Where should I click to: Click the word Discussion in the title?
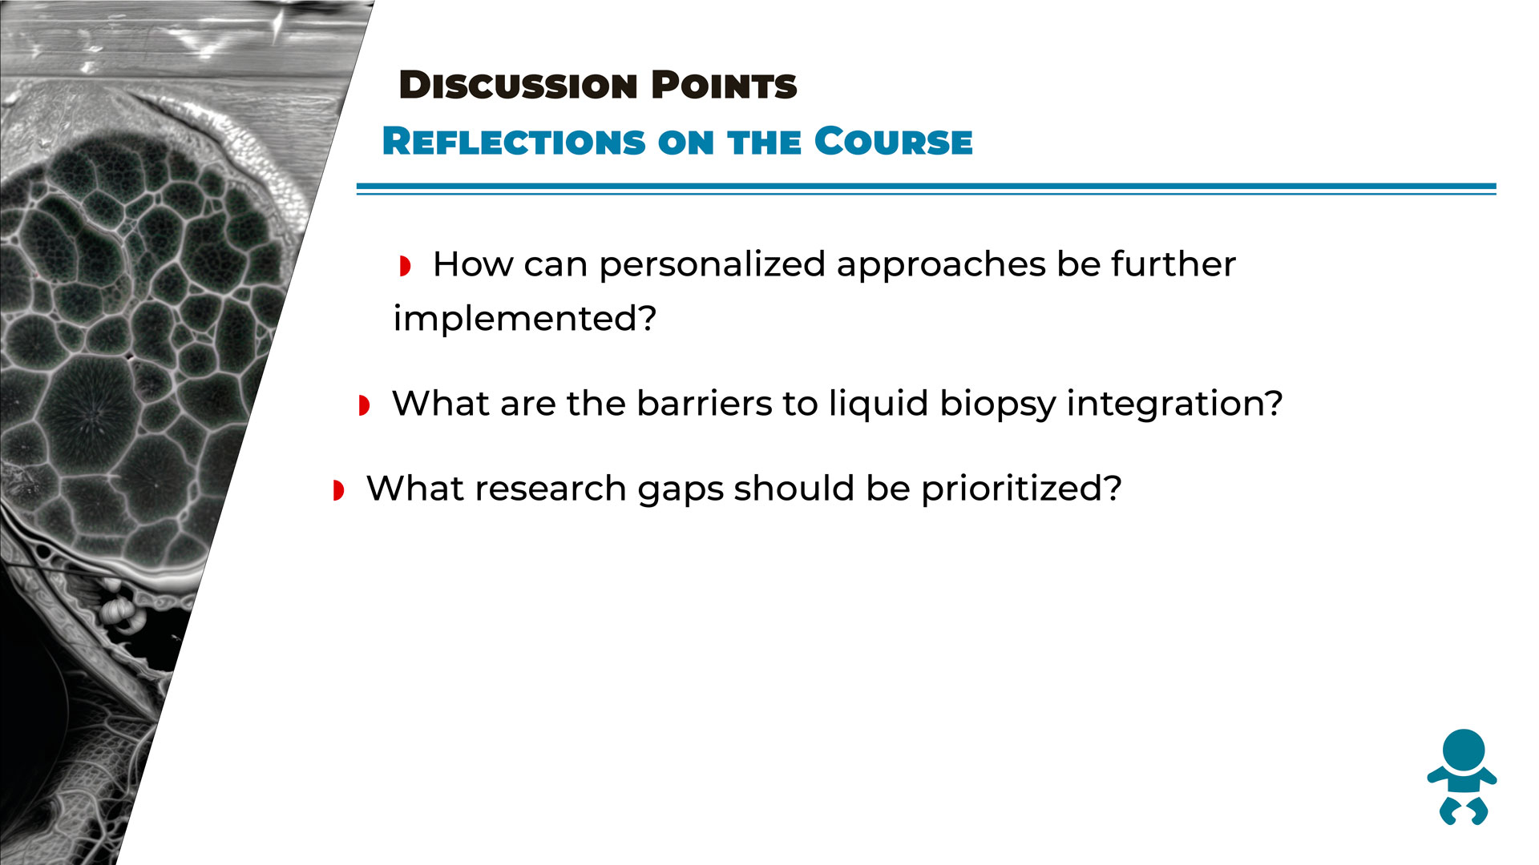pos(518,85)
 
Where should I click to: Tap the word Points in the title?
pos(724,85)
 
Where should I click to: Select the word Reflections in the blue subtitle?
pos(514,142)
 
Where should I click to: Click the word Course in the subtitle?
pos(893,142)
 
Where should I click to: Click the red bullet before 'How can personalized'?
pos(405,266)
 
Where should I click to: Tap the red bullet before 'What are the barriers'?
pos(364,405)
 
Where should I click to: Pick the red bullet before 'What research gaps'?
pos(338,490)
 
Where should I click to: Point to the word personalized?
pos(713,266)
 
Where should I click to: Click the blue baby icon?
pos(1462,777)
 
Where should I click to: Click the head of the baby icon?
pos(1464,750)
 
